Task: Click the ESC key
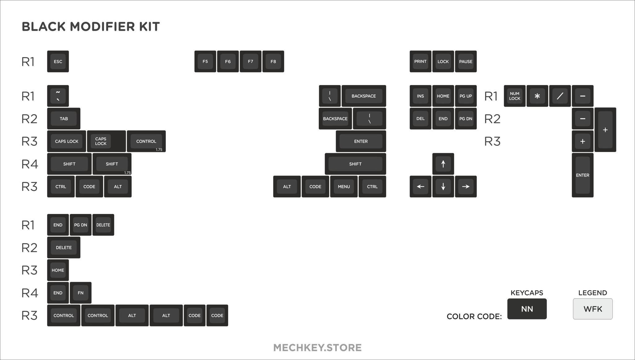tap(58, 61)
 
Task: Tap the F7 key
tap(251, 61)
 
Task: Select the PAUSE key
tap(466, 61)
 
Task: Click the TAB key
tap(64, 118)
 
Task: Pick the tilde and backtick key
tap(58, 96)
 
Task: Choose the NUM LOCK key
tap(514, 96)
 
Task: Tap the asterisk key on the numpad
tap(537, 96)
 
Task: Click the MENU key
tap(344, 186)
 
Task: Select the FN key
tap(81, 293)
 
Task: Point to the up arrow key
tap(443, 164)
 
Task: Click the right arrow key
tap(466, 186)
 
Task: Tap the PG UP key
tap(466, 96)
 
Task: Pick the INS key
tap(420, 96)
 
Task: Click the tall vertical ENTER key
tap(583, 175)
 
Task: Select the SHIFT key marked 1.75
tap(112, 164)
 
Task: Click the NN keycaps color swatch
tap(527, 309)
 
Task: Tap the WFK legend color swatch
tap(593, 309)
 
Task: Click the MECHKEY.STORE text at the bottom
tap(317, 348)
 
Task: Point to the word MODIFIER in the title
tap(102, 27)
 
